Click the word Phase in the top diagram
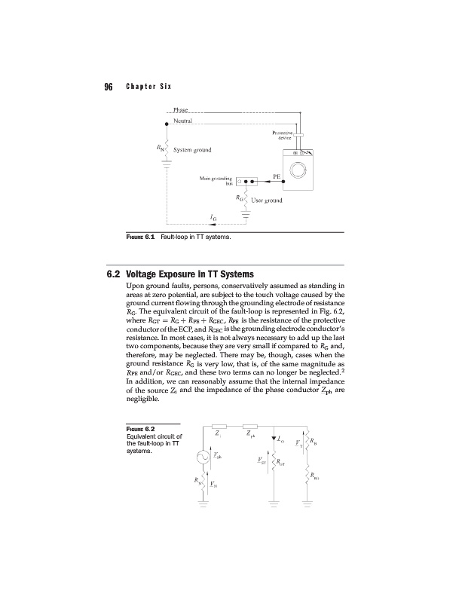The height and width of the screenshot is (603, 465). [x=180, y=111]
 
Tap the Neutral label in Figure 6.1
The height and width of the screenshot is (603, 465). [x=182, y=121]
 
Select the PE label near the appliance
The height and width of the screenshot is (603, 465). [x=277, y=175]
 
